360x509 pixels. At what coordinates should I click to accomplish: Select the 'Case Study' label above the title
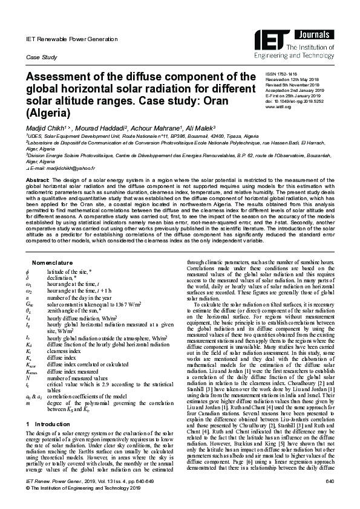tap(38, 57)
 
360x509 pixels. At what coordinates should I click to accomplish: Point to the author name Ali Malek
tap(198, 129)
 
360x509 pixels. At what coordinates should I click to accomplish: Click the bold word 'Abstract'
tap(37, 180)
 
